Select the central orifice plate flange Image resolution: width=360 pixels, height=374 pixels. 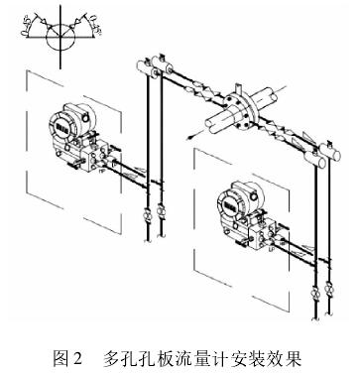click(238, 106)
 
